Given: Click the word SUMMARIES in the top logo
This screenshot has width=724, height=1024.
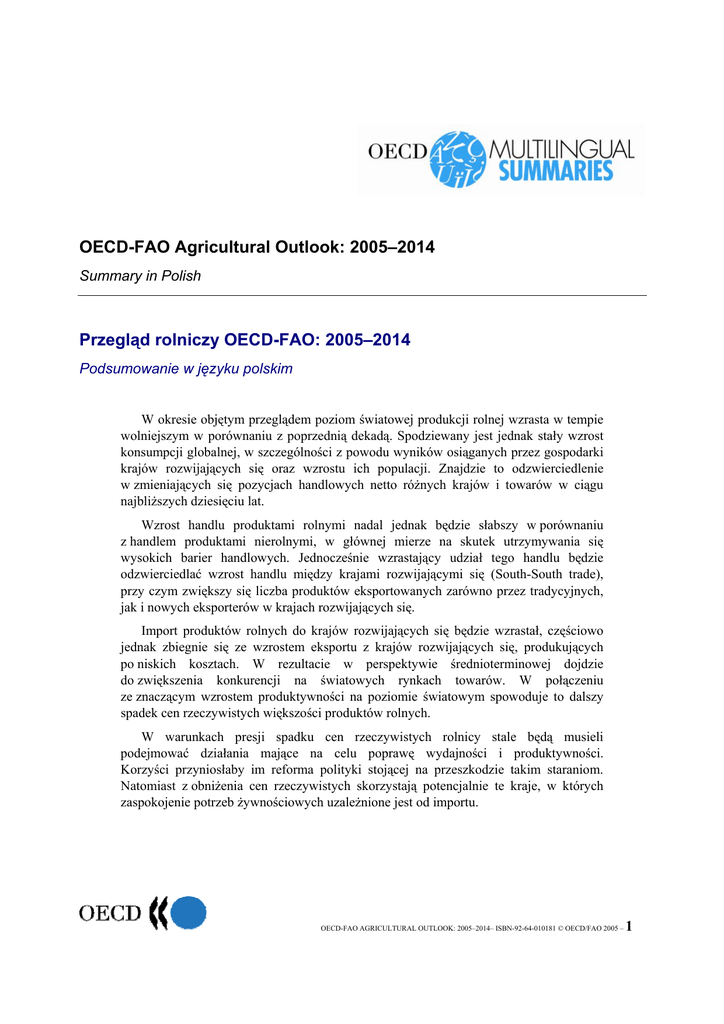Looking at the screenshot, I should click(556, 171).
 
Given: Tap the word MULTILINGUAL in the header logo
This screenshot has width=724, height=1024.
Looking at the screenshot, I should click(562, 149).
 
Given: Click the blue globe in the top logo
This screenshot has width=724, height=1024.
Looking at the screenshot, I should click(457, 158).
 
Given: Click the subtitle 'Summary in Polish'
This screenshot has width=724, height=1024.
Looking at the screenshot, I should click(140, 276).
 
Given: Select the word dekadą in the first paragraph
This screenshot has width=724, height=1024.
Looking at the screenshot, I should click(367, 436).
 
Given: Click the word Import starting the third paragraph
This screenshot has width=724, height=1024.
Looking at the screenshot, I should click(162, 631).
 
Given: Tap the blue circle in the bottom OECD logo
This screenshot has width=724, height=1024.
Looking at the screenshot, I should click(188, 914).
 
